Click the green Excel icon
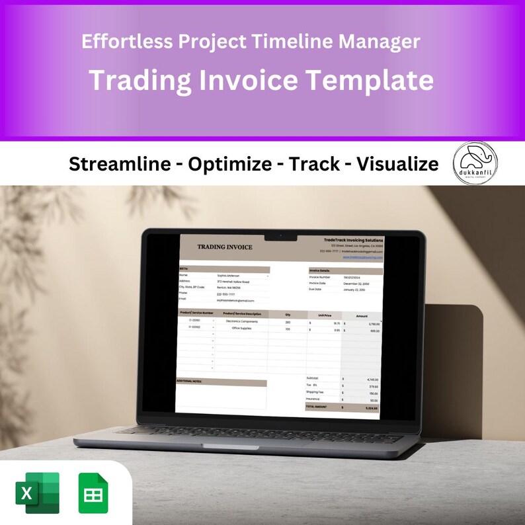coord(37,493)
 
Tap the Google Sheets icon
coord(93,493)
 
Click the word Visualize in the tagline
coord(397,164)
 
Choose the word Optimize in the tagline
coord(229,164)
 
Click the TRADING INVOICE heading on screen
coord(225,247)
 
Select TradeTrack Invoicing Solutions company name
coord(354,239)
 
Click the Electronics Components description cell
coord(243,321)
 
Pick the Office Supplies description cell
coord(241,328)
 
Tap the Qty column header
coord(288,314)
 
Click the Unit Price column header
coord(324,314)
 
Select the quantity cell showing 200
coord(288,322)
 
